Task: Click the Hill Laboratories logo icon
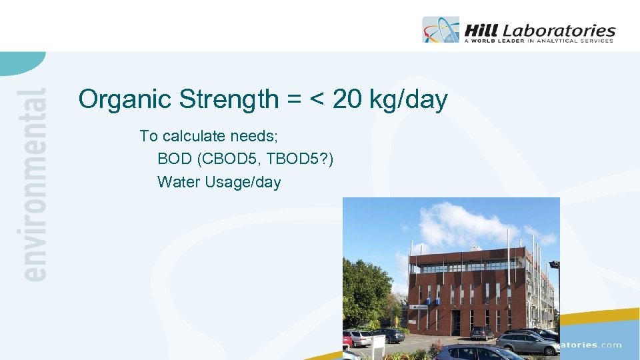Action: pos(441,30)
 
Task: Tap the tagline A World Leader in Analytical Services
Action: pos(538,41)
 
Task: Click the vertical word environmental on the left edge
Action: pos(34,183)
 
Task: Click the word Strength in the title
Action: pos(229,100)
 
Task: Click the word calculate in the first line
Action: pos(194,137)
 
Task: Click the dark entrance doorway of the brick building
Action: pos(457,323)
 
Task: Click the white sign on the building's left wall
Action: pos(419,307)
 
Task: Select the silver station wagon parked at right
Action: pos(527,343)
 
